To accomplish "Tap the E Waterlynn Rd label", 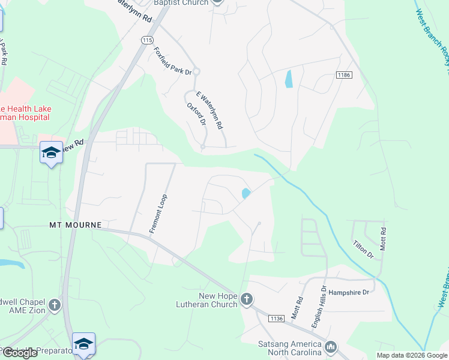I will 211,111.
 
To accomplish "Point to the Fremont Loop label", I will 158,214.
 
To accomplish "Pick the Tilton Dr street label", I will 363,250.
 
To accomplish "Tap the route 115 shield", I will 147,40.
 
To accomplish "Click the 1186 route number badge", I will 343,75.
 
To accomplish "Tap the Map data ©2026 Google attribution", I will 412,355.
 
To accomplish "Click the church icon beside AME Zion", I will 55,305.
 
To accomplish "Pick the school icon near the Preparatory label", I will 84,343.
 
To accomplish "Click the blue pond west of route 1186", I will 289,79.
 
